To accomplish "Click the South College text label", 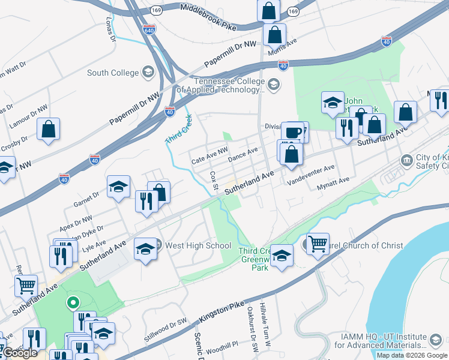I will point(113,73).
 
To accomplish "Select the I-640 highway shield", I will point(149,28).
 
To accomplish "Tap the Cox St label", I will point(214,179).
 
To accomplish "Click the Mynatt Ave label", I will point(333,180).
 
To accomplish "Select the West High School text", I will point(198,245).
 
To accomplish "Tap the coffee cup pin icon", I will point(294,132).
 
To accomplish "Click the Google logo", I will point(20,353).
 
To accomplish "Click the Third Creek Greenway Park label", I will point(256,259).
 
